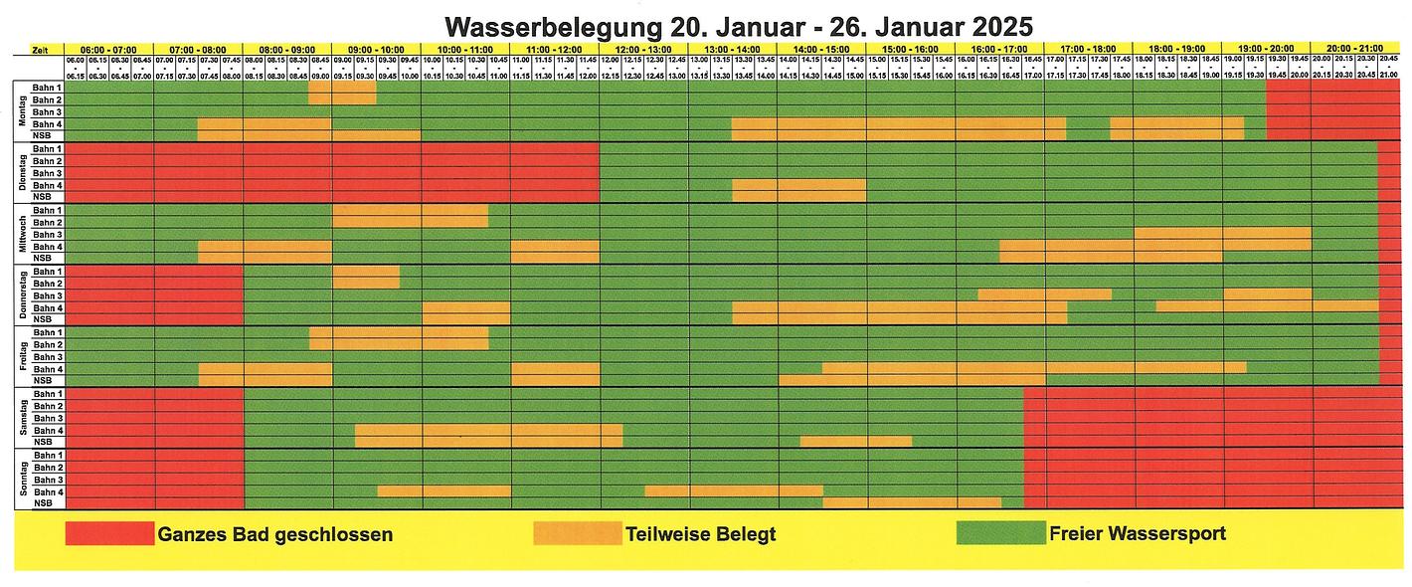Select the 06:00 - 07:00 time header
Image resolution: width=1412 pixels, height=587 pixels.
[108, 49]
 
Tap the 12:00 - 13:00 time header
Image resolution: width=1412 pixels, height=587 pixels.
[643, 49]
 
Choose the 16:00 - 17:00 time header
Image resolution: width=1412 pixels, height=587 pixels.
[999, 49]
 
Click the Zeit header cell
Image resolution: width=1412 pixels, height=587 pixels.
[39, 49]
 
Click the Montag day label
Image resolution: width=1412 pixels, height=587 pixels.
[21, 111]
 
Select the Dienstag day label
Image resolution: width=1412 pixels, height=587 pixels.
[21, 172]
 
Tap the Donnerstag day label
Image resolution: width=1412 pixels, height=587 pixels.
[21, 294]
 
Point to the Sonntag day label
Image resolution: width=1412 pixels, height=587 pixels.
[21, 479]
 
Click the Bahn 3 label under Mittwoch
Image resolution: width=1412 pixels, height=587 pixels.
[47, 235]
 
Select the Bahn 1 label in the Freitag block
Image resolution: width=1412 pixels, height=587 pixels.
[47, 332]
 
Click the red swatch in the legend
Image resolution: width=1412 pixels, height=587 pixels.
[109, 534]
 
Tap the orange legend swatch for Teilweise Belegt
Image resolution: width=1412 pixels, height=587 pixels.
[577, 534]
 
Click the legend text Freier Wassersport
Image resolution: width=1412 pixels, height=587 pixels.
[1137, 534]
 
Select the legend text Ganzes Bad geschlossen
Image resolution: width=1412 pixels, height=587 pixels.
[274, 534]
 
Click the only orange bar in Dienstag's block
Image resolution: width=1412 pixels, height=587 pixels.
[798, 185]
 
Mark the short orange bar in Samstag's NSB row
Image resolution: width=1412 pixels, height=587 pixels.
[855, 442]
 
